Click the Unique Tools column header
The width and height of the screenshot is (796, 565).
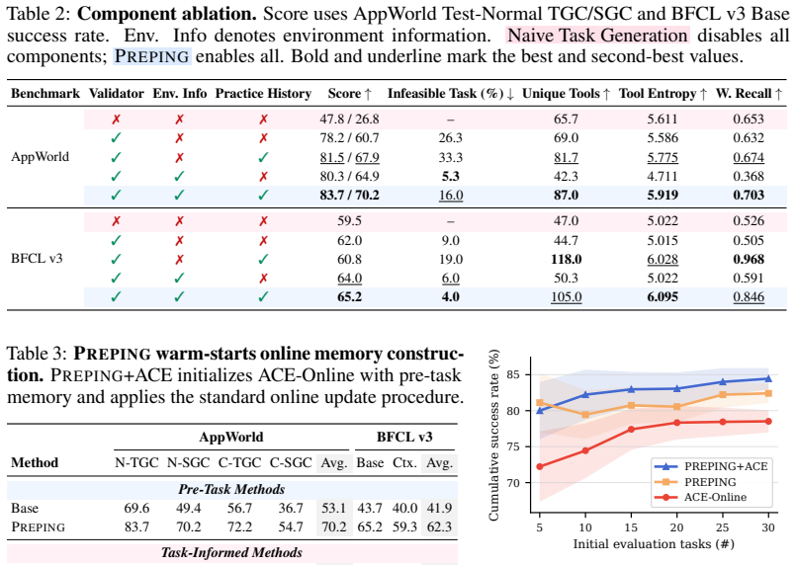pyautogui.click(x=566, y=94)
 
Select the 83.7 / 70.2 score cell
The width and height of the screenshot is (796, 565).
pyautogui.click(x=349, y=196)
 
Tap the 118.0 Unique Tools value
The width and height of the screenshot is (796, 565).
pyautogui.click(x=566, y=259)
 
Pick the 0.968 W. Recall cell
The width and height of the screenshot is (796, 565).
pyautogui.click(x=749, y=259)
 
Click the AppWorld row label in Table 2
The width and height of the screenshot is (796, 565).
pyautogui.click(x=41, y=157)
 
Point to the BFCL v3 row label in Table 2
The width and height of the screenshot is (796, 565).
pyautogui.click(x=37, y=259)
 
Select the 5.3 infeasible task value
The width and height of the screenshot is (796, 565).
pyautogui.click(x=451, y=177)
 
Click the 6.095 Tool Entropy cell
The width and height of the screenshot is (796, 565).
pyautogui.click(x=663, y=296)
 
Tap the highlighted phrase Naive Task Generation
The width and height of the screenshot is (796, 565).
pyautogui.click(x=597, y=35)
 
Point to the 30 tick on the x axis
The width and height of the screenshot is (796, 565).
pyautogui.click(x=768, y=527)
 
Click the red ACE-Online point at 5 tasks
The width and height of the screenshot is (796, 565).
pyautogui.click(x=540, y=466)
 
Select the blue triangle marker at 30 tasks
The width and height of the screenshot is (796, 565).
pyautogui.click(x=768, y=378)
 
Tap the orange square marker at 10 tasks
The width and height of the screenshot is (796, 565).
pyautogui.click(x=585, y=415)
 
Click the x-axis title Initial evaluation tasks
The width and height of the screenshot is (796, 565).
pyautogui.click(x=654, y=544)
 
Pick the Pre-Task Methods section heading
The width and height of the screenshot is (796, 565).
pyautogui.click(x=231, y=489)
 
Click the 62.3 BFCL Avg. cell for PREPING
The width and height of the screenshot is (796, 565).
pyautogui.click(x=439, y=527)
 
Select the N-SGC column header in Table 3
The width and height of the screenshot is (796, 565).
pyautogui.click(x=188, y=462)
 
